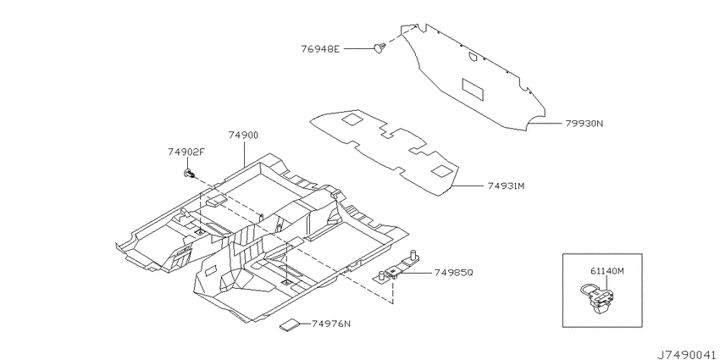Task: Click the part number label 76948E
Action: tap(320, 48)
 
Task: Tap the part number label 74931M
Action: tap(506, 186)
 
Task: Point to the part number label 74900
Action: tap(243, 135)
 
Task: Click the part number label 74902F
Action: tap(185, 152)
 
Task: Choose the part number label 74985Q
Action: tap(454, 273)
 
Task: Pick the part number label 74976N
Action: tap(330, 324)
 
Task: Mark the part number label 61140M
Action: tap(606, 271)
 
